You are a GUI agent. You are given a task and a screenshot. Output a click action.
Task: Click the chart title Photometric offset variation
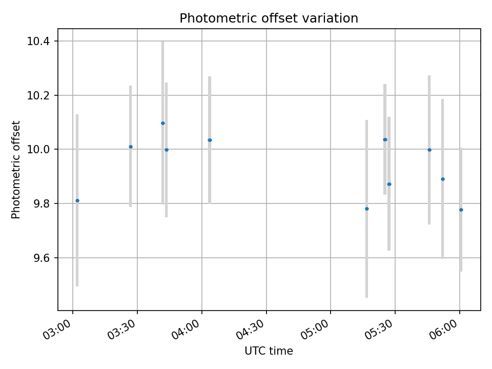point(269,18)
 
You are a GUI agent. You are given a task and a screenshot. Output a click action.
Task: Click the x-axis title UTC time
point(269,351)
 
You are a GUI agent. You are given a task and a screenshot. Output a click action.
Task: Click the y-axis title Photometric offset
point(16,170)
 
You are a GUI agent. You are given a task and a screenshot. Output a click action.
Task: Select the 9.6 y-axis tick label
point(42,258)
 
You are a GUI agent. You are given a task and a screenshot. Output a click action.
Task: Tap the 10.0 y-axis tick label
point(42,150)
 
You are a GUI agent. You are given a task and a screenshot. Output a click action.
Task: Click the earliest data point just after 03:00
point(77,200)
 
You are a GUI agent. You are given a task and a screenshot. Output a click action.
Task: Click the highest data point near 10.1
point(163,123)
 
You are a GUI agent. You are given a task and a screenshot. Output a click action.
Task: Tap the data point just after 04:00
point(210,140)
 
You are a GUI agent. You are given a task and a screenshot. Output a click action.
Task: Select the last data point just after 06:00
point(461,210)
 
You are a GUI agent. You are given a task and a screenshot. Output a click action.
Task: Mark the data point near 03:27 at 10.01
point(131,147)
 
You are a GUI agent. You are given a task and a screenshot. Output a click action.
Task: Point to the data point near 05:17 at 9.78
point(367,209)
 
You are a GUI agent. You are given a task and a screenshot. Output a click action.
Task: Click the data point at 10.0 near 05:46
point(429,150)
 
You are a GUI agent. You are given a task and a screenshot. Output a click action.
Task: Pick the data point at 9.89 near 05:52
point(443,179)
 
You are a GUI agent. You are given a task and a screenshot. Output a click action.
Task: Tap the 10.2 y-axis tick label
point(42,95)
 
